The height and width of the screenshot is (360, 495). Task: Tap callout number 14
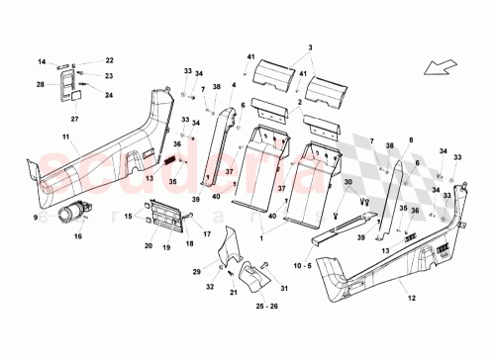tap(43, 62)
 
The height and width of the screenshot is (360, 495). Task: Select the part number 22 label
tap(110, 61)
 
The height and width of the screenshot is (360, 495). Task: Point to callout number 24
tap(110, 96)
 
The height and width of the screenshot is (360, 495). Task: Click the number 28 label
tap(41, 85)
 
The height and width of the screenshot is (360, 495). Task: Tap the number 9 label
tap(36, 217)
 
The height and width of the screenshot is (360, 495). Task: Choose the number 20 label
tap(148, 245)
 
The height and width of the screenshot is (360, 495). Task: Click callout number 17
tap(208, 233)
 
